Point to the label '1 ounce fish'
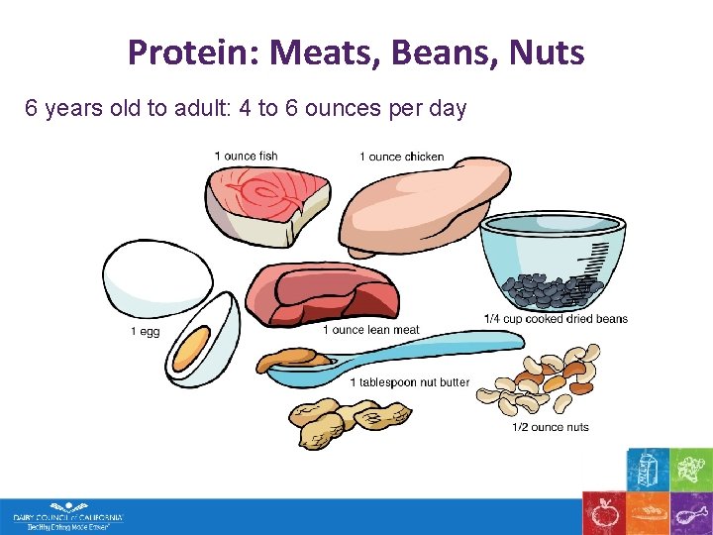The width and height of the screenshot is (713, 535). click(246, 157)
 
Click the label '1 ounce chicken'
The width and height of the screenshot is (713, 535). click(401, 157)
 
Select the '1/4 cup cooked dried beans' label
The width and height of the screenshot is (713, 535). click(556, 318)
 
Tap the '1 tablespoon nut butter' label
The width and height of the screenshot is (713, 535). click(409, 382)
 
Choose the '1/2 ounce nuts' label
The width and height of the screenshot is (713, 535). click(550, 427)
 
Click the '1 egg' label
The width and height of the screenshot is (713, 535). click(145, 332)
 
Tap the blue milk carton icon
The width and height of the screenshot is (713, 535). click(647, 468)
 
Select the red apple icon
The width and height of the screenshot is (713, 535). click(603, 513)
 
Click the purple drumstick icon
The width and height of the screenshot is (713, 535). click(690, 513)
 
